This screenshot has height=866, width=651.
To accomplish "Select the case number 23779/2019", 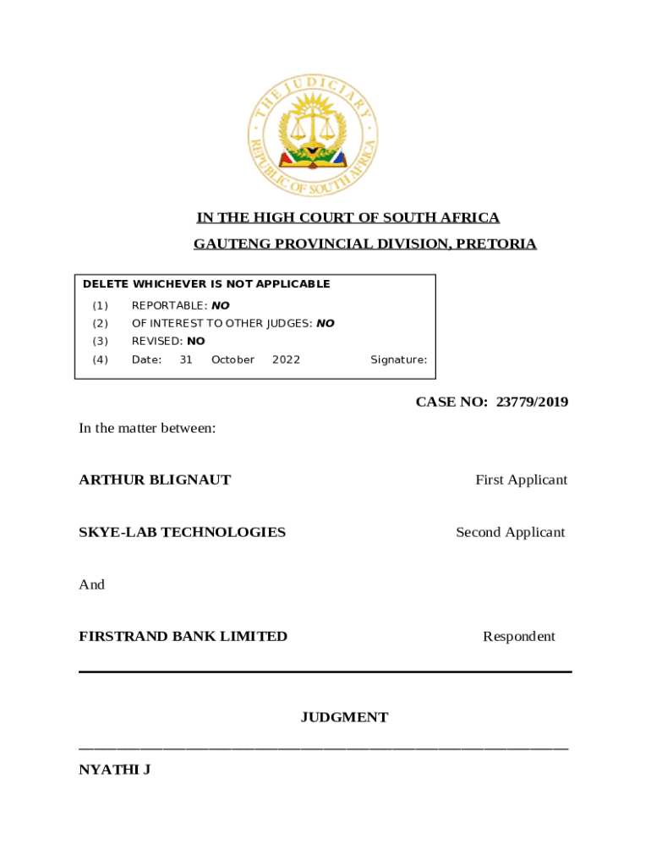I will pos(532,402).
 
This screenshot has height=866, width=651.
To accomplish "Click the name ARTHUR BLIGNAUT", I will pos(155,480).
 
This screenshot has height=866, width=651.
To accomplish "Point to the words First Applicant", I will pos(521,480).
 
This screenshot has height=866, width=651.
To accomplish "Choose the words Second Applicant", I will pos(511,532).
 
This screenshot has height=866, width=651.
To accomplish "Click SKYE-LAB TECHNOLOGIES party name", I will pos(182,532).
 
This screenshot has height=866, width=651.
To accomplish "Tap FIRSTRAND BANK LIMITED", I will pos(183,636).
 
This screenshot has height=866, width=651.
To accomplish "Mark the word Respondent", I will pos(519,636).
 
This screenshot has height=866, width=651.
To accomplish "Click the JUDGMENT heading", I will pos(344,717).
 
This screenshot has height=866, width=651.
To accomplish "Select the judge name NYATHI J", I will pos(114,770).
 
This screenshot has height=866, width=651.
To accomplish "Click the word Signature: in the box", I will pos(398,359).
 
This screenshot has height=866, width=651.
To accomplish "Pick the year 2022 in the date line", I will pos(286,359).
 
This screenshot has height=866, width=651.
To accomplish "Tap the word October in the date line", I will pos(232,359).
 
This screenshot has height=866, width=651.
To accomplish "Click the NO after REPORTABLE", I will pos(220,305).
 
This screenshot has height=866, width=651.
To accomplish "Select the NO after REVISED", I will pos(195,342).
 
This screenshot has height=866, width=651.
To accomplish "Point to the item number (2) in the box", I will pos(101,323).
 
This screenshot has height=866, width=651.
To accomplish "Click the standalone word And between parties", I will pos(91,584).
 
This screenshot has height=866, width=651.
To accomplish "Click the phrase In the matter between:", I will pos(147,428).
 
